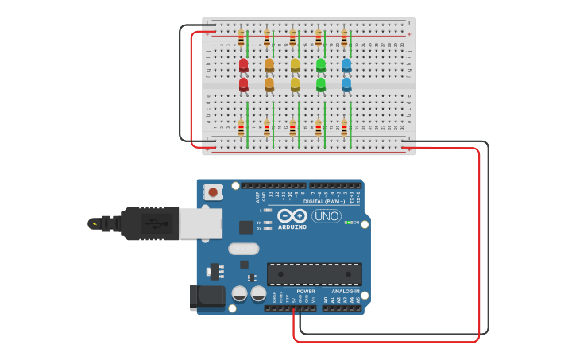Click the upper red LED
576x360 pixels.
[243, 64]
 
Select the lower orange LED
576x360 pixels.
[269, 83]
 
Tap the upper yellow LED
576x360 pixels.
[295, 64]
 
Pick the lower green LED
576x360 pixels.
[321, 83]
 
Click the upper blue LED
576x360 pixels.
[346, 64]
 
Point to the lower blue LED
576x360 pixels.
[346, 83]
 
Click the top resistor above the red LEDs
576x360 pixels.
[242, 37]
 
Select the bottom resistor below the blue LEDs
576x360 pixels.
[344, 127]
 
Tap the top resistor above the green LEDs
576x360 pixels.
[319, 37]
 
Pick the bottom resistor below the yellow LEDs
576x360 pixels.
[292, 127]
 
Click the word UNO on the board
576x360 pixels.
[326, 215]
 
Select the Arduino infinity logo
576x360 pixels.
[292, 215]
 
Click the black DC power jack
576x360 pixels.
[207, 296]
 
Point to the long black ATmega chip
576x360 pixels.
[314, 274]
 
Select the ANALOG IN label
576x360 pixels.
[345, 292]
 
